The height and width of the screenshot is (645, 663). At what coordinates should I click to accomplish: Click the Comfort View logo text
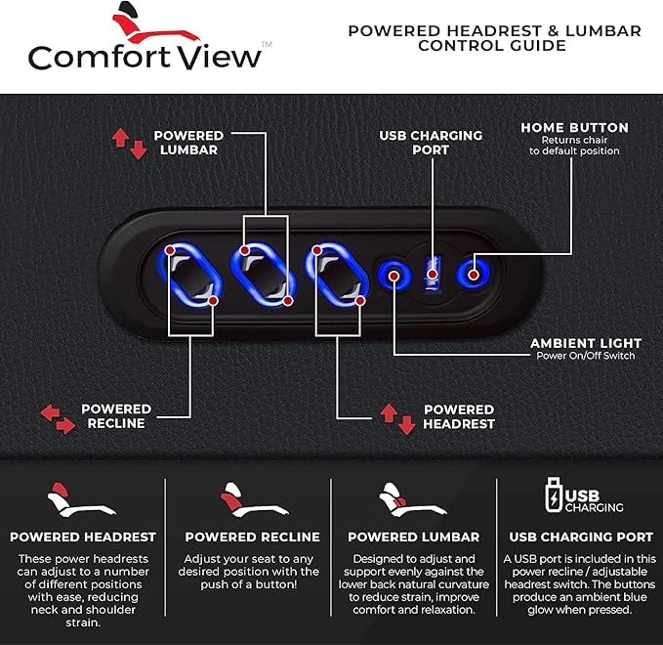145,57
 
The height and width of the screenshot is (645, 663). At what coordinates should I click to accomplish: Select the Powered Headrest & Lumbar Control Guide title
494,38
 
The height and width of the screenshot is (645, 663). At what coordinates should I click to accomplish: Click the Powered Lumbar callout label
188,143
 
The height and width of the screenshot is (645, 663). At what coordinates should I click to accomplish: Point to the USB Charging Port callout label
431,143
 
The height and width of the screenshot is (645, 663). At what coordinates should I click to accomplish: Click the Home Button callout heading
574,127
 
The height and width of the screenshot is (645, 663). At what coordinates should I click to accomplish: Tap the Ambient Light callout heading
586,343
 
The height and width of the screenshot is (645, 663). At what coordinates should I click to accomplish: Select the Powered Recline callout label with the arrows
116,416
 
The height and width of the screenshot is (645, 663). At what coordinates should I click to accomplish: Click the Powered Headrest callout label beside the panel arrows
459,416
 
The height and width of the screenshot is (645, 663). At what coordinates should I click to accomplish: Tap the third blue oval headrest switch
337,275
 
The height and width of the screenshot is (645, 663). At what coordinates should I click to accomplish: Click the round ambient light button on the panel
394,275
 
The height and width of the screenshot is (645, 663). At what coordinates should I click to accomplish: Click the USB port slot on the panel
432,273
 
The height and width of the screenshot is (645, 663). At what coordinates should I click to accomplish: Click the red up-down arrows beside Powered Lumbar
130,144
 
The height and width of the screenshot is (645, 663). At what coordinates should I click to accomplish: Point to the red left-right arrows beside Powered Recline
58,419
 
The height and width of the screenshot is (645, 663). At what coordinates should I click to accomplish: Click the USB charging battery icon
554,494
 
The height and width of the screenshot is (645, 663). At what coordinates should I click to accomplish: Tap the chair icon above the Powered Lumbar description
413,499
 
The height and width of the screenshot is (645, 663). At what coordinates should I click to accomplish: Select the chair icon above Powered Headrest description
81,499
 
